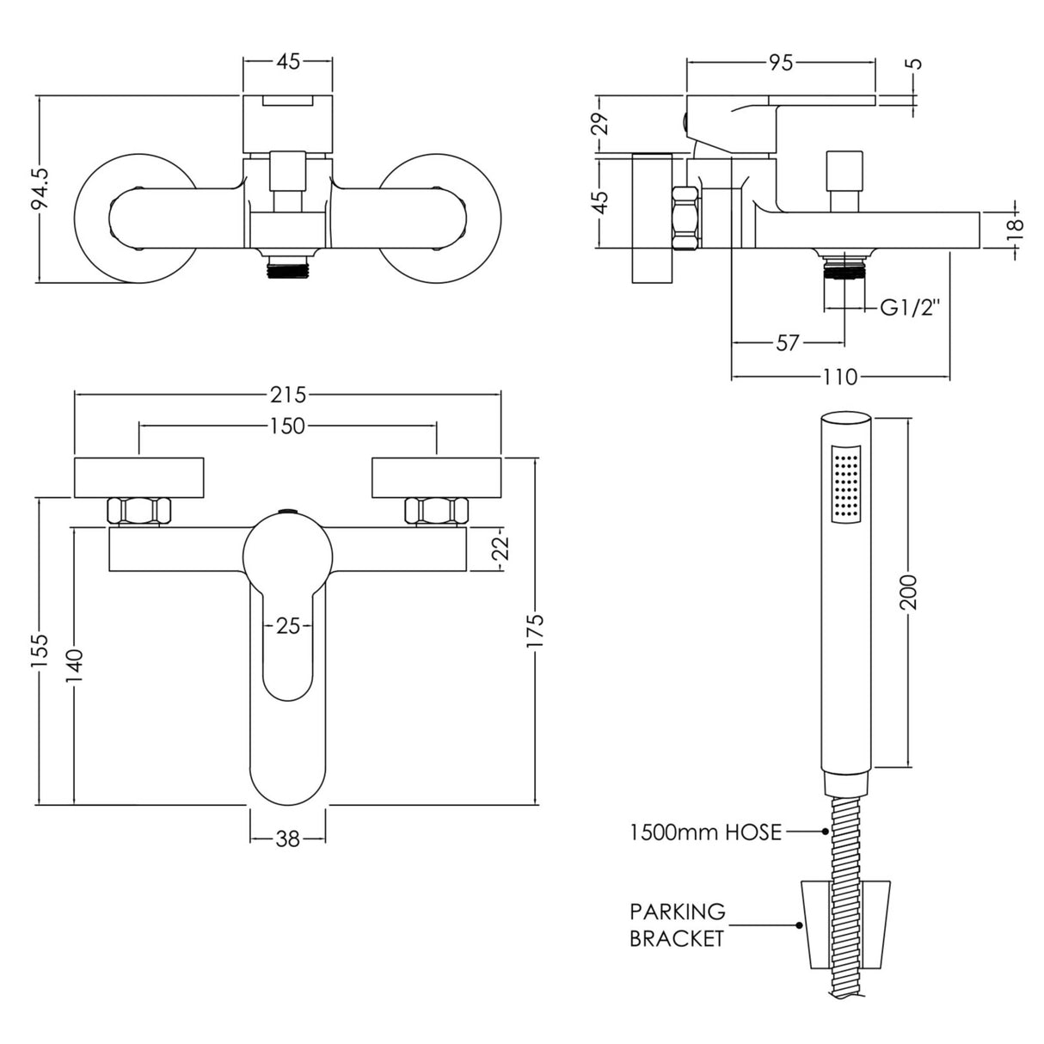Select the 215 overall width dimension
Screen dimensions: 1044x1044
288,395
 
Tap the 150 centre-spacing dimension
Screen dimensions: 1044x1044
288,426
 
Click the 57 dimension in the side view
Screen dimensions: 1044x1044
788,343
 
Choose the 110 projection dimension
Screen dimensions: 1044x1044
840,377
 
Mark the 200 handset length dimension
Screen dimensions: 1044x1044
911,592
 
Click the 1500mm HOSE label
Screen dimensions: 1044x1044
706,832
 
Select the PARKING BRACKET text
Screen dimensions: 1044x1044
677,924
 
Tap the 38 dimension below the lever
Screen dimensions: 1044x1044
288,838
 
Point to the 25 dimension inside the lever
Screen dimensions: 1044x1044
288,626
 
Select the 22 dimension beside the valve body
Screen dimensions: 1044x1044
503,549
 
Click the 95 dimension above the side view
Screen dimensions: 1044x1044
781,62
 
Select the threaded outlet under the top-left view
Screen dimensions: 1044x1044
287,267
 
